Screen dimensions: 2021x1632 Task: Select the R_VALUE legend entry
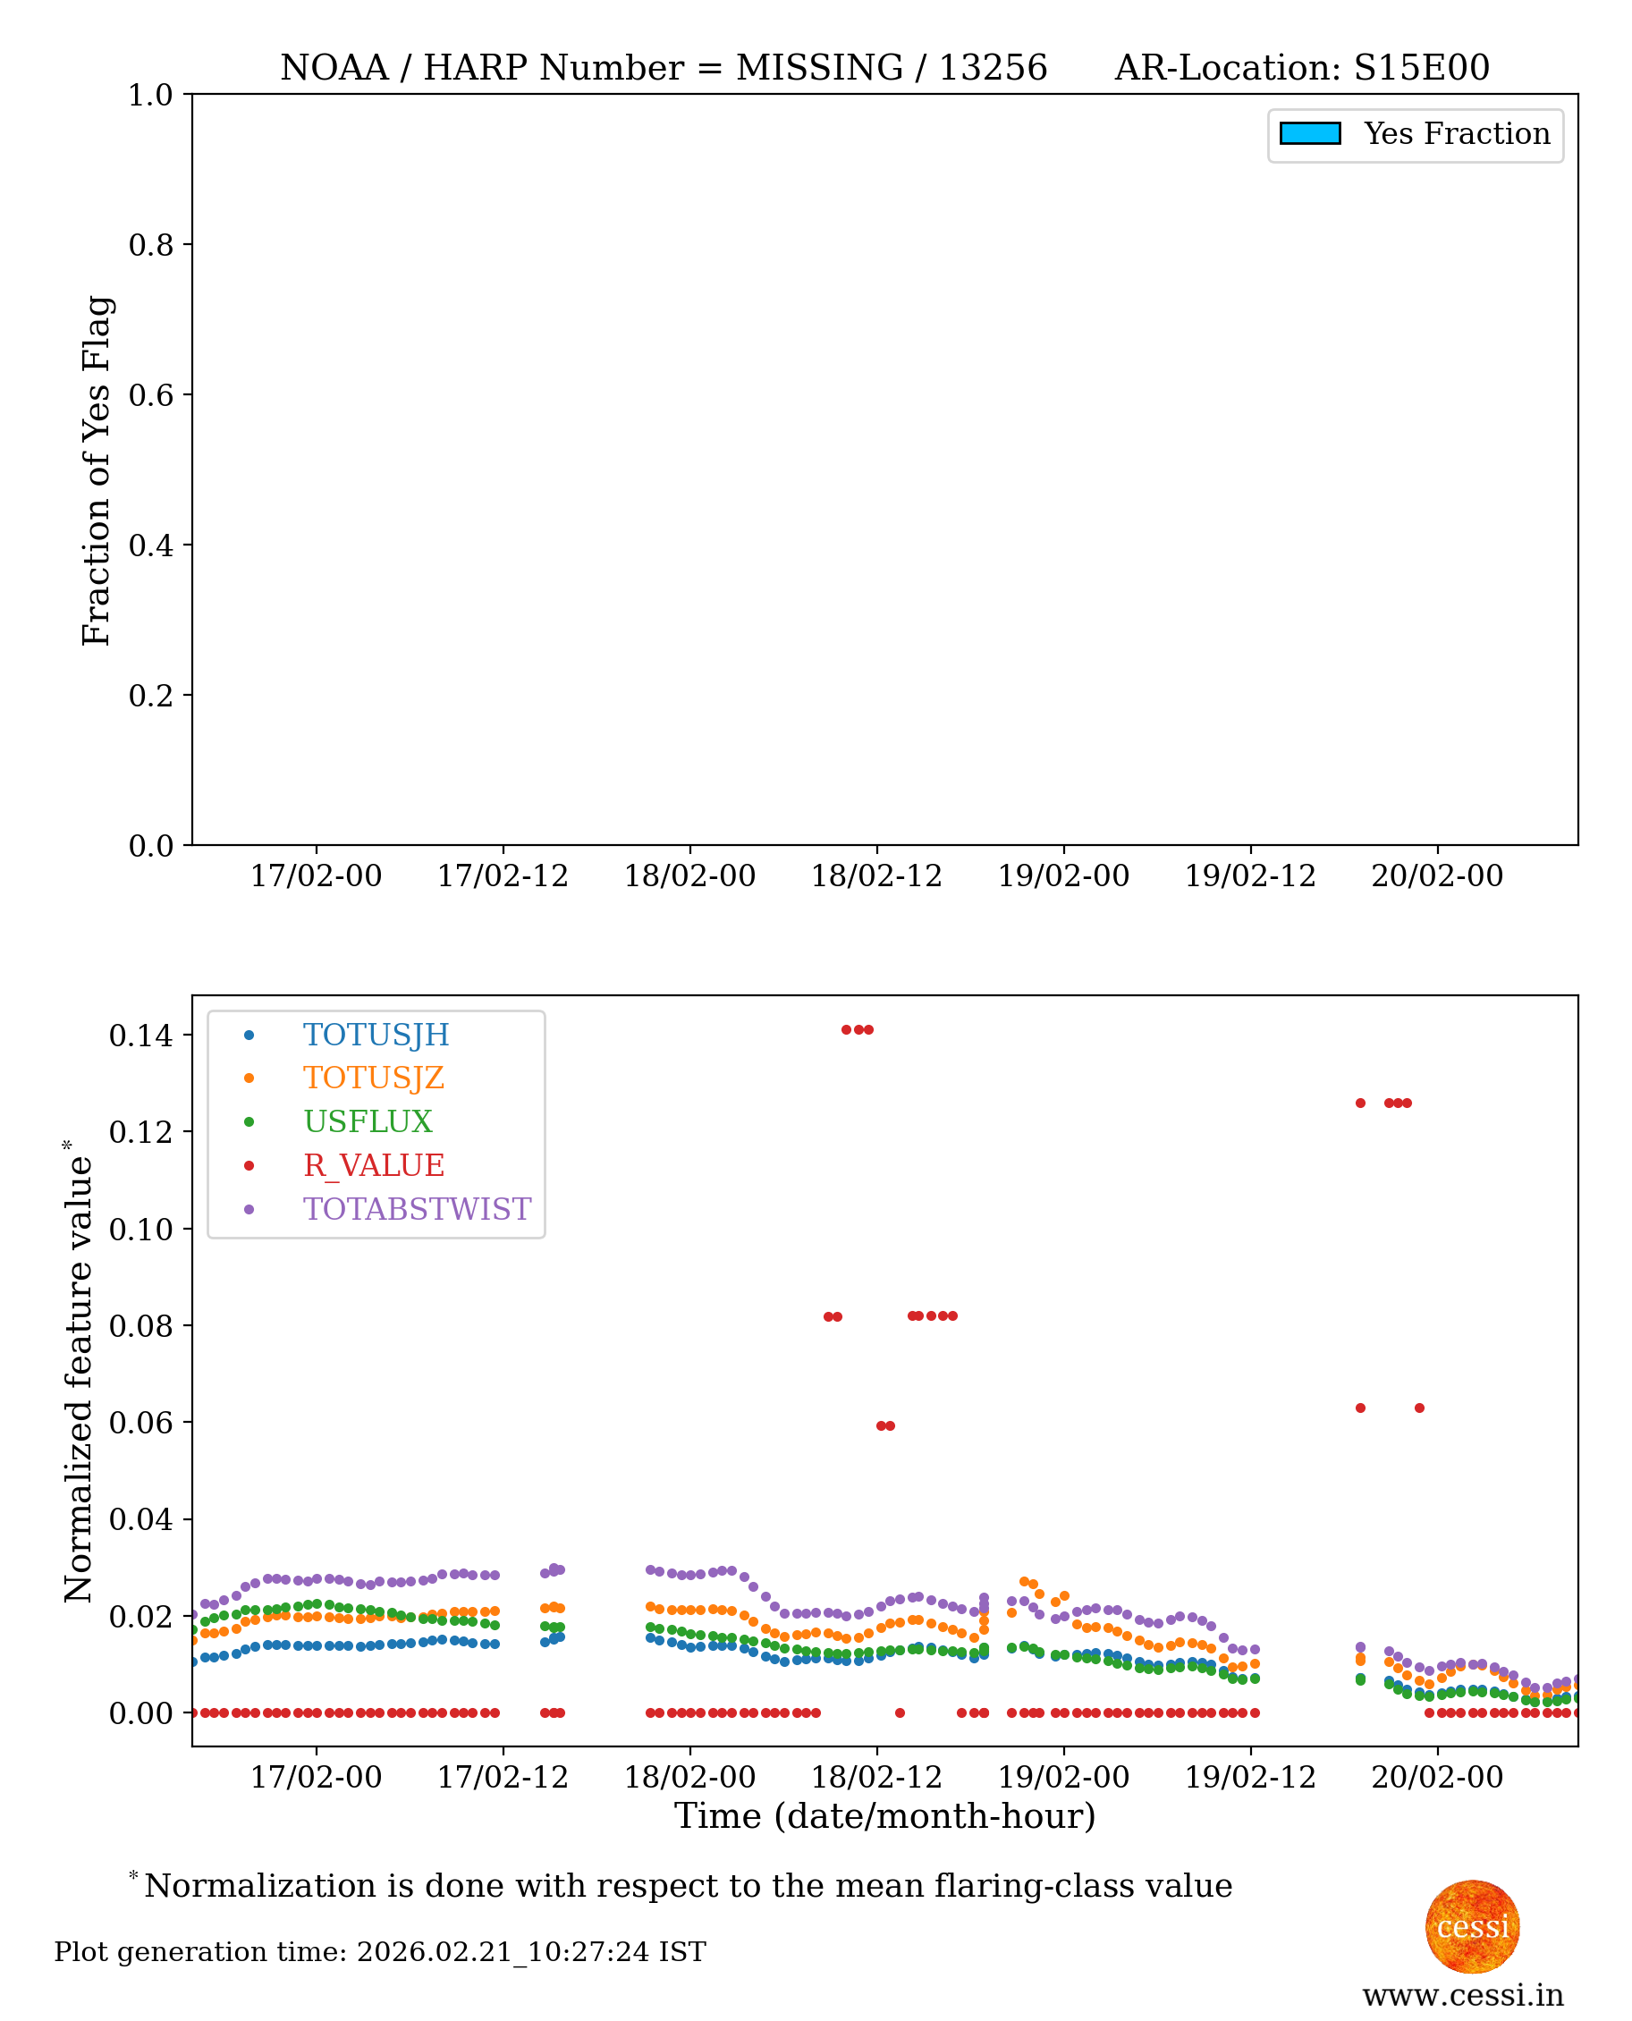[373, 1165]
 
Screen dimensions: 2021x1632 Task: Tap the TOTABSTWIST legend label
[417, 1209]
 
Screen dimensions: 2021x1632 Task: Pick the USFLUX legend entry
[368, 1121]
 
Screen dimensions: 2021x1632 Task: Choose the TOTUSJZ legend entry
[373, 1078]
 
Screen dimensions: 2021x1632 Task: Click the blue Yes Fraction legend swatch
[1309, 133]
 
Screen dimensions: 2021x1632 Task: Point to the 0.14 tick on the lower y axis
[141, 1036]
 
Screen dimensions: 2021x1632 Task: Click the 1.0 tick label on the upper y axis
[150, 95]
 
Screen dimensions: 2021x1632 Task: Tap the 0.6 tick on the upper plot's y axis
[150, 394]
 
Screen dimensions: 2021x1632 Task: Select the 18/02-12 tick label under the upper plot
[876, 876]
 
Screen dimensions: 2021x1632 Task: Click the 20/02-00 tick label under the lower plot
[1436, 1778]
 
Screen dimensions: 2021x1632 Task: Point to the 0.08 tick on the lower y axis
[141, 1326]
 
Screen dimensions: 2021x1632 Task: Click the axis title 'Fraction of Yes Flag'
[96, 470]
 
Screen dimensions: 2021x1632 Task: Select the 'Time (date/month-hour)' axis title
[884, 1816]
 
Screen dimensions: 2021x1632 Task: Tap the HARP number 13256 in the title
[993, 68]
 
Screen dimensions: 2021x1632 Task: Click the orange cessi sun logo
[1471, 1926]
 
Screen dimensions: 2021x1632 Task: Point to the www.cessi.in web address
[1462, 1995]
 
